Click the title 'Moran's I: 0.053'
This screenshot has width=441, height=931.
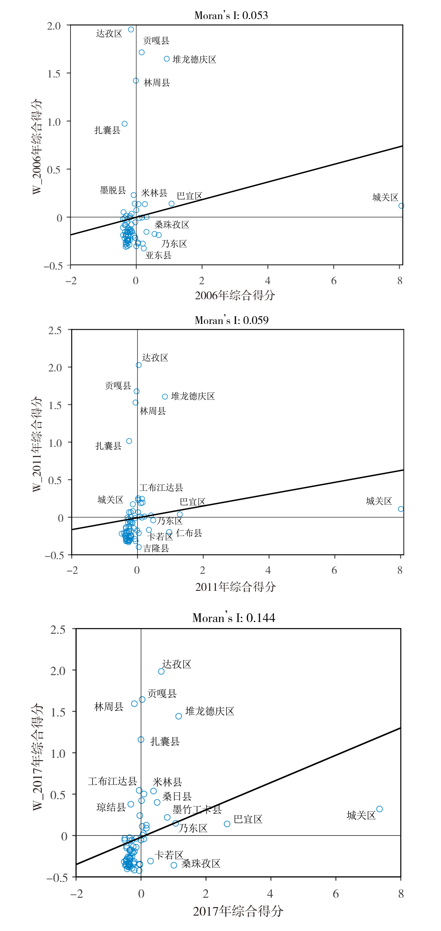click(231, 15)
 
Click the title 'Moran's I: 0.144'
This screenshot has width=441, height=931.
click(233, 618)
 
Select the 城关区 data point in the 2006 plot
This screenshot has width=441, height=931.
click(401, 206)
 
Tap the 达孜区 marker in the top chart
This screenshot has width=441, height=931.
click(131, 30)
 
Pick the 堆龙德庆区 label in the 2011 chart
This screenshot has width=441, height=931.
click(193, 396)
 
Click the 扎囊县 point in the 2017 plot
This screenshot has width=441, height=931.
click(141, 740)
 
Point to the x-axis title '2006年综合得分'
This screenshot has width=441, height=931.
click(235, 295)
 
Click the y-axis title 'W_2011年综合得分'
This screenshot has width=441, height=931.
click(37, 444)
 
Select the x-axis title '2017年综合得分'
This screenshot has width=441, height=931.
click(238, 911)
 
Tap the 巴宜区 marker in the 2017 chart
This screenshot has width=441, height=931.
click(227, 824)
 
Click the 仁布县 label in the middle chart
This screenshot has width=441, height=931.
click(189, 533)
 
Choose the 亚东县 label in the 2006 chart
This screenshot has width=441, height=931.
click(158, 255)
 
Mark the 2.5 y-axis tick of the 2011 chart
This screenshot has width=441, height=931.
click(55, 330)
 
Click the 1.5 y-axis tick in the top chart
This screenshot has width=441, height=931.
click(54, 73)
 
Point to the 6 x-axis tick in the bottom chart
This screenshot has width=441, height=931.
click(336, 894)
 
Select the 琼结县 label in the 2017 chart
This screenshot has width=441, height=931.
click(111, 807)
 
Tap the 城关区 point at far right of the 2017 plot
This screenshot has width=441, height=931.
click(379, 809)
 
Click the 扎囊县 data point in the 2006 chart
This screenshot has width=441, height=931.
click(125, 124)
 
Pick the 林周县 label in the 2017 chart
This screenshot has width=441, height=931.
click(109, 707)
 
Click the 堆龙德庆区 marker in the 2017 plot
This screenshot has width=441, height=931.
click(178, 716)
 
